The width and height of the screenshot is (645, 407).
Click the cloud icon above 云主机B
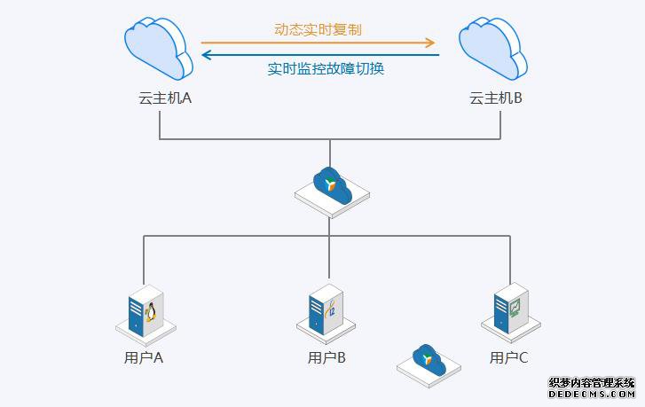[x=494, y=49]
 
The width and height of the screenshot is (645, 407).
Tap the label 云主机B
[x=495, y=98]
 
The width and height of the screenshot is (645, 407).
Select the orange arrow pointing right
[x=319, y=42]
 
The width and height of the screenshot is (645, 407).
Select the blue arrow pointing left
[x=320, y=55]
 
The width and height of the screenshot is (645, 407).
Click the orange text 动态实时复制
[x=318, y=29]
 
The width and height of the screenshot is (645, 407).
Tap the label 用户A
[x=144, y=358]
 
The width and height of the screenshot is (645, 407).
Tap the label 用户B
[x=326, y=358]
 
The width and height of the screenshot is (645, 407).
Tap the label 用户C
[x=509, y=358]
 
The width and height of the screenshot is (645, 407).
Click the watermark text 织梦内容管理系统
[x=592, y=383]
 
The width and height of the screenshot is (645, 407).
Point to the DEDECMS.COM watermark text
[x=592, y=395]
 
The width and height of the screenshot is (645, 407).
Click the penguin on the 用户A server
[x=151, y=311]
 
